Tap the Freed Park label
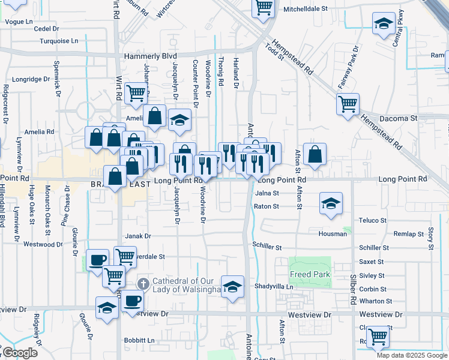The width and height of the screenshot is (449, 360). (x=310, y=274)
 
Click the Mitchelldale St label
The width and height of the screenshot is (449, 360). (x=306, y=10)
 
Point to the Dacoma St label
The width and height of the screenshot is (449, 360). (x=399, y=119)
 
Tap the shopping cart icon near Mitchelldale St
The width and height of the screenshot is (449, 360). (x=263, y=7)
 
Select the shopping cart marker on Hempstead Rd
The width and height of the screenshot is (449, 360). (x=348, y=103)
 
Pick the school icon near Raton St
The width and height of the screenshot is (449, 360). (x=330, y=203)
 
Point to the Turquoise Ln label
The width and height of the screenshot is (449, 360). (x=59, y=41)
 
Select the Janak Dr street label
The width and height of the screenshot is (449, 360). (x=138, y=236)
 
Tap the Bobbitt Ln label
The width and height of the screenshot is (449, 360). (x=140, y=340)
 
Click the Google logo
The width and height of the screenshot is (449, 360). (x=19, y=353)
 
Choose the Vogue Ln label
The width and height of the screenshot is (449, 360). (x=19, y=22)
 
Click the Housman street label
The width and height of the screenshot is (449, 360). (x=333, y=233)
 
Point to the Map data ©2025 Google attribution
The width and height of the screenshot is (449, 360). (x=412, y=355)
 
